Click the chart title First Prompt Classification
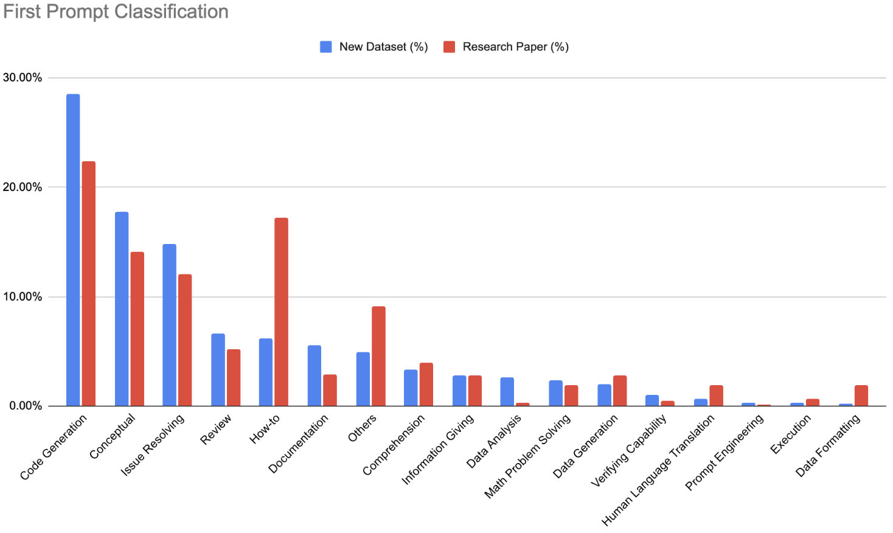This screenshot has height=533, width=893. pos(116,12)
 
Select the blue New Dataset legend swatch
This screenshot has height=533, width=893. pos(326,47)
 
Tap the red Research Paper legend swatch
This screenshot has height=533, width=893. pos(450,47)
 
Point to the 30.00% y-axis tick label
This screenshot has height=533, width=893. pos(23,78)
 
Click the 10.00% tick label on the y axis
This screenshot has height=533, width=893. pos(23,297)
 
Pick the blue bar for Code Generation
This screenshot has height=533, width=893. pos(73,249)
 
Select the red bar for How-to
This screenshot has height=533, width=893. pos(281,312)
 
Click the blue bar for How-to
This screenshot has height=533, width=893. pos(266,372)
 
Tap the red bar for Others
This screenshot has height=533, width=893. pos(378,356)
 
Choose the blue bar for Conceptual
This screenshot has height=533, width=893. pos(122,308)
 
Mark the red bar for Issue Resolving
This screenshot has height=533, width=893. pos(185,340)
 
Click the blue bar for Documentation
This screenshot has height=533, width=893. pos(314,375)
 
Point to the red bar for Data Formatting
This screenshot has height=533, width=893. pos(861,395)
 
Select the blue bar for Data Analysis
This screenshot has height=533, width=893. pos(507,392)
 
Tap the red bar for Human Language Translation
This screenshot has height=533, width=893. pos(717,395)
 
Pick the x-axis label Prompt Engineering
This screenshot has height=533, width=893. pos(724,452)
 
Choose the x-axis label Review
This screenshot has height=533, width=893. pos(216,429)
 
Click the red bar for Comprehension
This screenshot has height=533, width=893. pos(426,385)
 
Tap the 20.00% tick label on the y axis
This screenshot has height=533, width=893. pos(23,187)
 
